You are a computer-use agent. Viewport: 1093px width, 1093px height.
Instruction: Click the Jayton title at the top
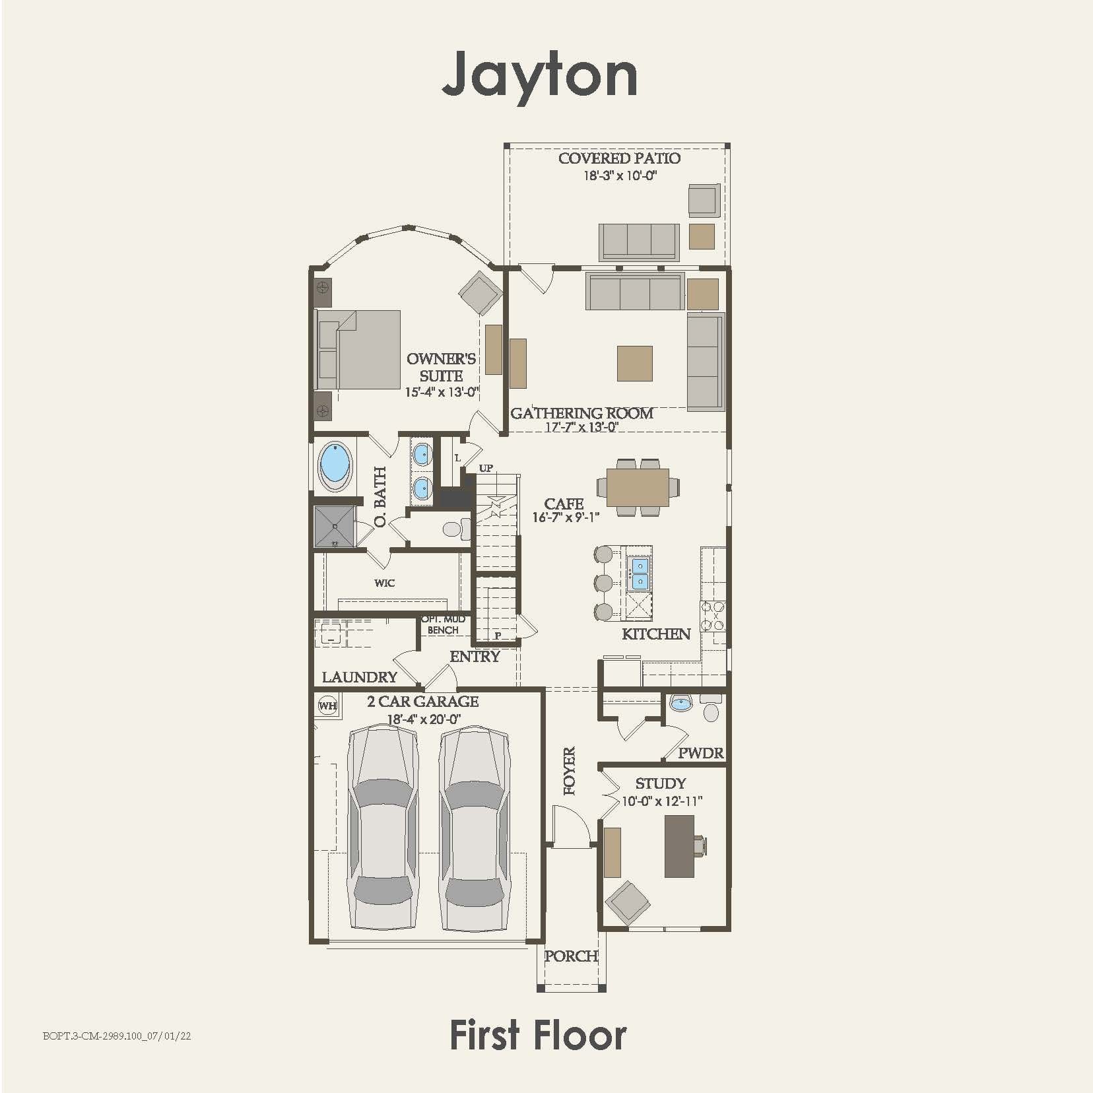pos(540,74)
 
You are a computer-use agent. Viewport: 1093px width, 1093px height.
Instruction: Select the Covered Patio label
pos(619,158)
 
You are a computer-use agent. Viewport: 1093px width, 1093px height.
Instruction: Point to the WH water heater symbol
pos(328,706)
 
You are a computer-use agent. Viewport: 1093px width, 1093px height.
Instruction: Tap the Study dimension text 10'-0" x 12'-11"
pos(662,801)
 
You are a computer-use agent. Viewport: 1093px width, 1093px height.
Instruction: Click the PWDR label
pos(700,753)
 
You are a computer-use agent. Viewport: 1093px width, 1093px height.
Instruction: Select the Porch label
pos(571,956)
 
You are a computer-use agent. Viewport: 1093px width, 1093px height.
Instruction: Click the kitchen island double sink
pos(639,574)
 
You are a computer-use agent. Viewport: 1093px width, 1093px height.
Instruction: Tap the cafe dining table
pos(638,487)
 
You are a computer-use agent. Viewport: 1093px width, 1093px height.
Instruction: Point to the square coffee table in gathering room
pos(635,364)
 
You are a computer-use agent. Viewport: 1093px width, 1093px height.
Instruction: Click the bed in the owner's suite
pos(358,350)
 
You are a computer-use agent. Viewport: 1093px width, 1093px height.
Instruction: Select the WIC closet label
pos(384,583)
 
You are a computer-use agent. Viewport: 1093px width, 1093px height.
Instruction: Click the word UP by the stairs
pos(486,468)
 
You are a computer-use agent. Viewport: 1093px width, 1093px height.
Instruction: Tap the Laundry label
pos(360,677)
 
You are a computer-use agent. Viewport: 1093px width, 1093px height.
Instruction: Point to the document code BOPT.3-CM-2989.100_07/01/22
pos(117,1036)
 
